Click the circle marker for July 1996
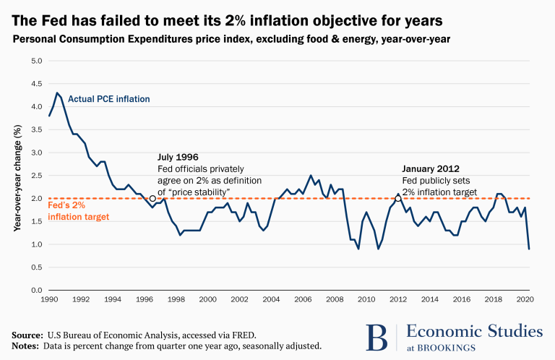[152, 198]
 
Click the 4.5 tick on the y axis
[35, 83]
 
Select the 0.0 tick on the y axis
[35, 291]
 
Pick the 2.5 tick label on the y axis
[35, 176]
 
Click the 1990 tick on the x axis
[50, 299]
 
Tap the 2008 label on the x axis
[335, 299]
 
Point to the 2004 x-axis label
[271, 299]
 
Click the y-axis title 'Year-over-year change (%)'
[17, 176]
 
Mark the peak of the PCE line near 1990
[57, 93]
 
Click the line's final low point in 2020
[528, 249]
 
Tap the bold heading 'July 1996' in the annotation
[178, 157]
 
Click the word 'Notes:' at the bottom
[27, 346]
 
